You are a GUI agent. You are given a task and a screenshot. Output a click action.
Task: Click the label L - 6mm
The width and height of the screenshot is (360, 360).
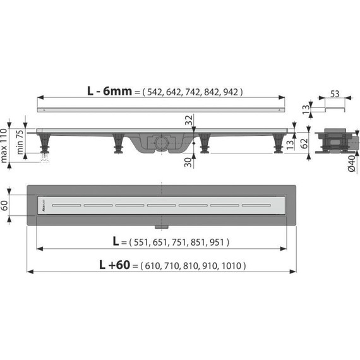(x=109, y=91)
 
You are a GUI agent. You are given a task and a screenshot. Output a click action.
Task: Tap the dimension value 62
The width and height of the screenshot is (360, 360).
(x=304, y=141)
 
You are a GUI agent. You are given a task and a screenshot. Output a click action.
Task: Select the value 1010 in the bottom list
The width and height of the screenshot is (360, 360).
(x=231, y=266)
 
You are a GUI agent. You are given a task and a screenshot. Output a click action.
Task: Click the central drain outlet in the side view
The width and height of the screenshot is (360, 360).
(x=162, y=143)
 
